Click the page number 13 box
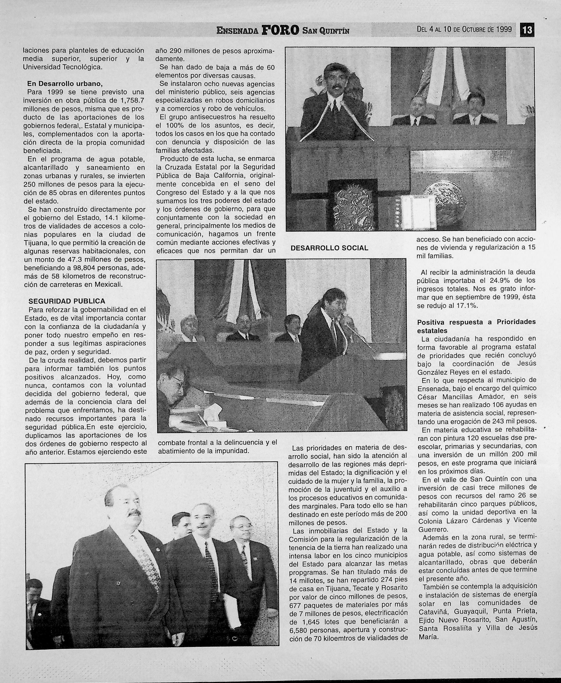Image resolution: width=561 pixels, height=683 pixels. click(x=527, y=30)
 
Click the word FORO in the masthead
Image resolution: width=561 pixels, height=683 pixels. click(x=280, y=31)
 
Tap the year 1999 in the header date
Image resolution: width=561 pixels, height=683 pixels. click(x=504, y=29)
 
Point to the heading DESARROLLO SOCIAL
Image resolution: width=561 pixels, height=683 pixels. click(x=329, y=248)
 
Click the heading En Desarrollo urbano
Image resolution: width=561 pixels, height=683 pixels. click(x=65, y=84)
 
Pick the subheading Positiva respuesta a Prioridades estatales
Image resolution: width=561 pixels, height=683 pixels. click(x=476, y=326)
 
